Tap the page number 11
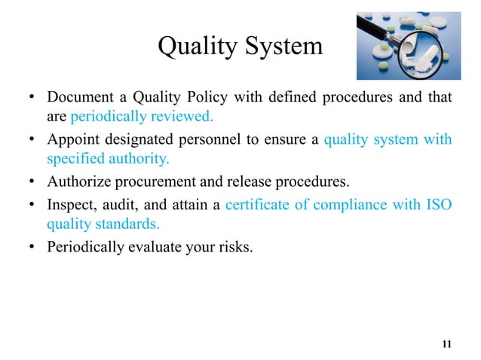pyautogui.click(x=446, y=345)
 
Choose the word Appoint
pyautogui.click(x=72, y=139)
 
